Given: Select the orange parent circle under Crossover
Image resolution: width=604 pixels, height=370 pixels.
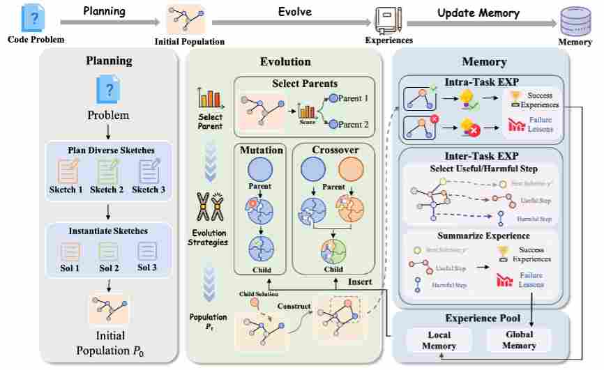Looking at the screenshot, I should pos(351,171).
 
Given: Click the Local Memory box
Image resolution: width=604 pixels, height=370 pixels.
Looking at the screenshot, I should pos(439,341).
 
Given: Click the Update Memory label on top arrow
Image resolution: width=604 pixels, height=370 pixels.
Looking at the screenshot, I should pos(478,13).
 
